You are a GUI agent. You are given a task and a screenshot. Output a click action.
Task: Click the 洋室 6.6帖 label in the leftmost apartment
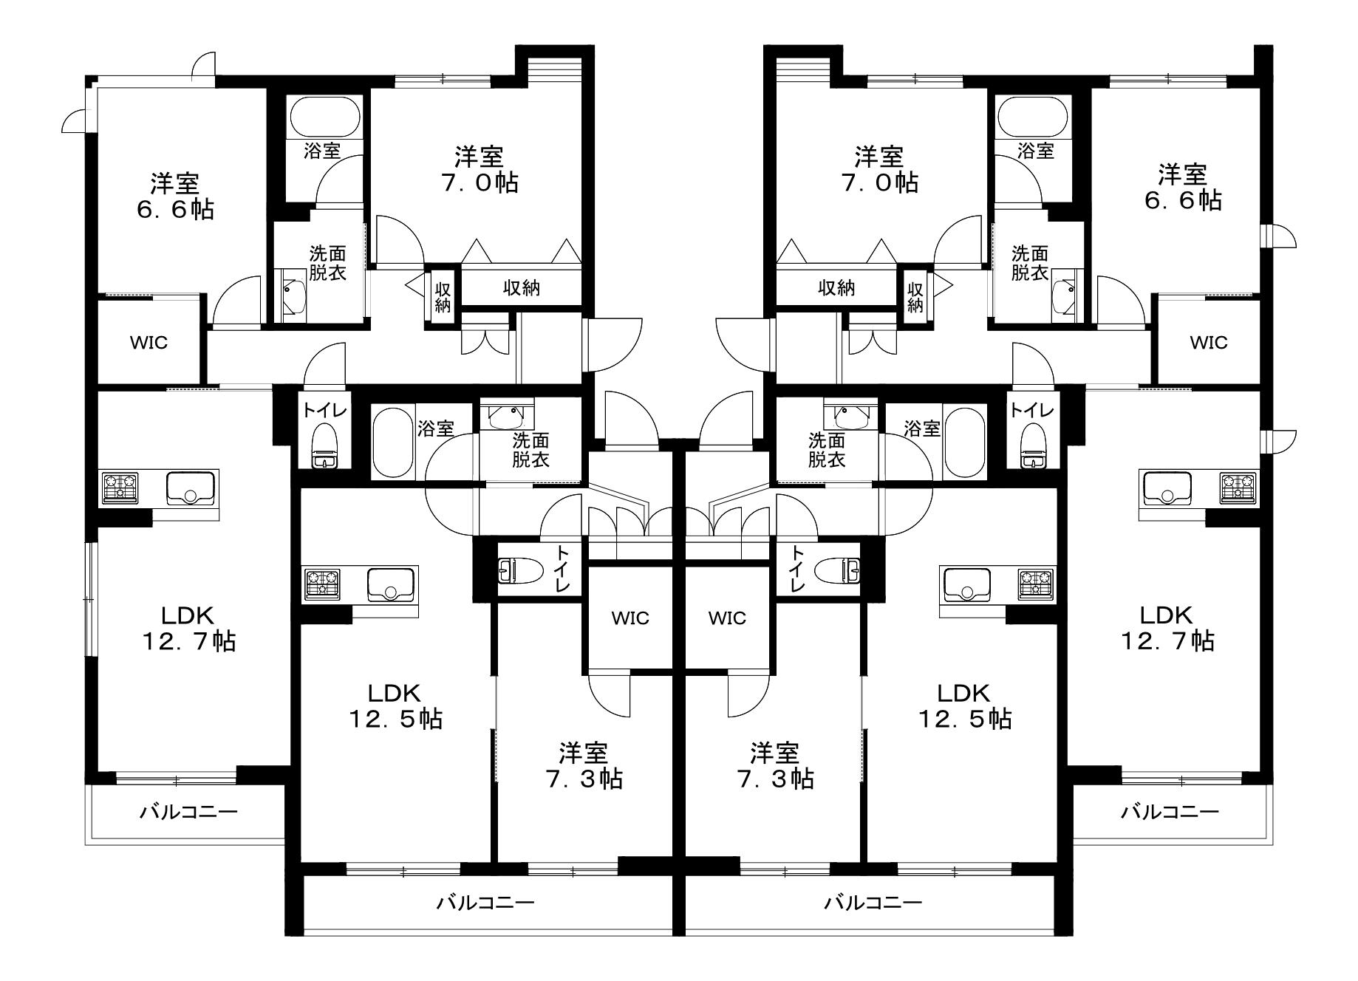[x=175, y=196]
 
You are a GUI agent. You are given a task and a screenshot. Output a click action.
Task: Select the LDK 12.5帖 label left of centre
[x=395, y=705]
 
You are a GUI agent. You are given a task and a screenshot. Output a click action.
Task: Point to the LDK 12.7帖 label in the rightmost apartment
[x=1167, y=628]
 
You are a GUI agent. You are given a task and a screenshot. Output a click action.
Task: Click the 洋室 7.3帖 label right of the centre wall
[x=774, y=766]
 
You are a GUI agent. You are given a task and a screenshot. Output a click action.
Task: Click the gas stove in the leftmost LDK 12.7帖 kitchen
[x=120, y=488]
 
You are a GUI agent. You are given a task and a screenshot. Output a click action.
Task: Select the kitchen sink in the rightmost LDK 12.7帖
[x=1167, y=488]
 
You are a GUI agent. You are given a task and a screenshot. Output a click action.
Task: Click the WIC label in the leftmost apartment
[x=149, y=343]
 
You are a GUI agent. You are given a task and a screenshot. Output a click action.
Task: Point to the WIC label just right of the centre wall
[x=727, y=618]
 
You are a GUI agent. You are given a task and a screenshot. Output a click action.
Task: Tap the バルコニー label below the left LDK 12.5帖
[x=485, y=902]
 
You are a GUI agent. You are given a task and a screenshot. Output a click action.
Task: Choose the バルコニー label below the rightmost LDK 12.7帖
[x=1170, y=812]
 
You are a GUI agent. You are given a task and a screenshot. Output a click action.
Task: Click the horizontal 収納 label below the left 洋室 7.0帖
[x=522, y=288]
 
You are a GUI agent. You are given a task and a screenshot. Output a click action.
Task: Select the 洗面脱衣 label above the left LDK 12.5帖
[x=531, y=450]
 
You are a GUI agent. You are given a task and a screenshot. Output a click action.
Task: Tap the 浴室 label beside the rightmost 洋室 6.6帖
[x=1035, y=151]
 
